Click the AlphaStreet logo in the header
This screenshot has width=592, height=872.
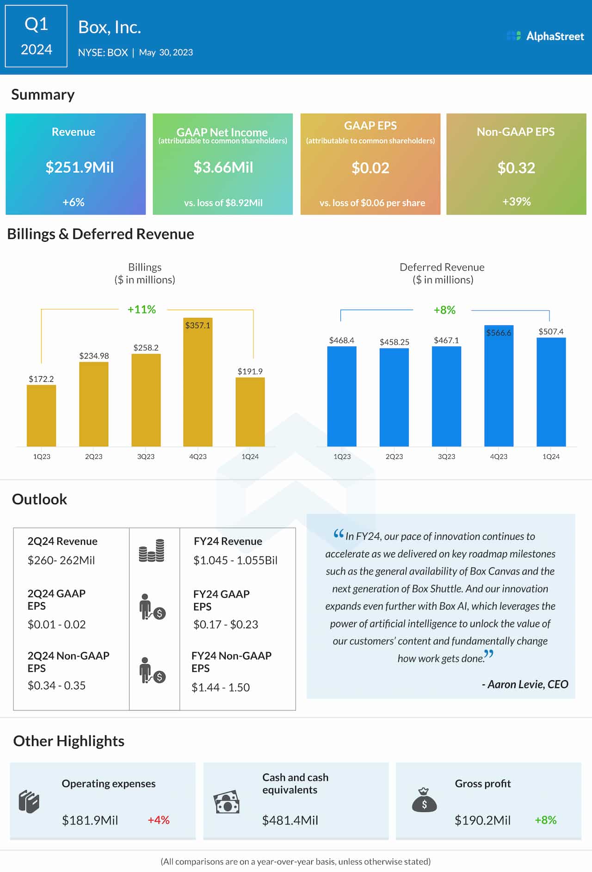click(x=546, y=36)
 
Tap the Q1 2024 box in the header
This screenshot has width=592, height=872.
click(x=36, y=36)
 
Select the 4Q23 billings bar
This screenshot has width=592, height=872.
click(x=198, y=384)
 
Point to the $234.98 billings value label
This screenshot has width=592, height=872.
click(x=94, y=356)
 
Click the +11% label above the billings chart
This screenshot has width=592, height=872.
click(x=142, y=309)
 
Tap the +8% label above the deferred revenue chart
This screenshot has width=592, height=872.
click(x=444, y=310)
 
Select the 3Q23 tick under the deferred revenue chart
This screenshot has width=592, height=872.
click(x=446, y=457)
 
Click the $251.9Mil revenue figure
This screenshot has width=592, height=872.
click(x=80, y=167)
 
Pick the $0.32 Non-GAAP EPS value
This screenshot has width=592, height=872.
click(x=516, y=168)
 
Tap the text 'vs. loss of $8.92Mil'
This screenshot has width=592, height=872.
click(x=223, y=203)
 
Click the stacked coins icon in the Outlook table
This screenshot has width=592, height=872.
click(x=152, y=550)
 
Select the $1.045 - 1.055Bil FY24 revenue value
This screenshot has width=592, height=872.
click(x=235, y=561)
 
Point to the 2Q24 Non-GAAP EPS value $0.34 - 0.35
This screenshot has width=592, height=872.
click(x=56, y=685)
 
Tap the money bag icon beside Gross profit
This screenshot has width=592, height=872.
click(x=424, y=801)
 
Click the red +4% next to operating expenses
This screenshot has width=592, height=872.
click(x=159, y=820)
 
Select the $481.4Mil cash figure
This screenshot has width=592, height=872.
click(x=290, y=820)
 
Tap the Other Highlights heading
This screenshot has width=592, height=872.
click(x=68, y=741)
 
